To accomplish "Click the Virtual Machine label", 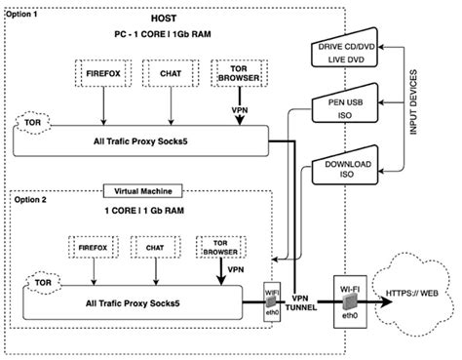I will click(x=143, y=191).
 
